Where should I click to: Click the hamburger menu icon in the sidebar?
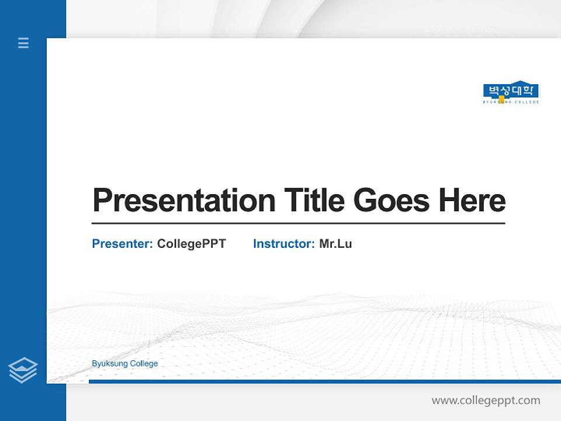(23, 43)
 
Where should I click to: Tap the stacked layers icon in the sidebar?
(23, 370)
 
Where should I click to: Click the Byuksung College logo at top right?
(511, 93)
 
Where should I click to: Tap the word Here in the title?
(472, 200)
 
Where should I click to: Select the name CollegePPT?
(191, 244)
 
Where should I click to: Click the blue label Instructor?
(284, 244)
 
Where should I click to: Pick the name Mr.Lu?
(335, 244)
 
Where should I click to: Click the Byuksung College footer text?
(124, 364)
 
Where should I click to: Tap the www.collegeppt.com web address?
(486, 401)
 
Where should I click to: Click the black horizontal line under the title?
(298, 223)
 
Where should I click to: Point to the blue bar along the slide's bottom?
(324, 382)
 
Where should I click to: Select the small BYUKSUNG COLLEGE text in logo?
(511, 102)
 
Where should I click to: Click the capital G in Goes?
(365, 201)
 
